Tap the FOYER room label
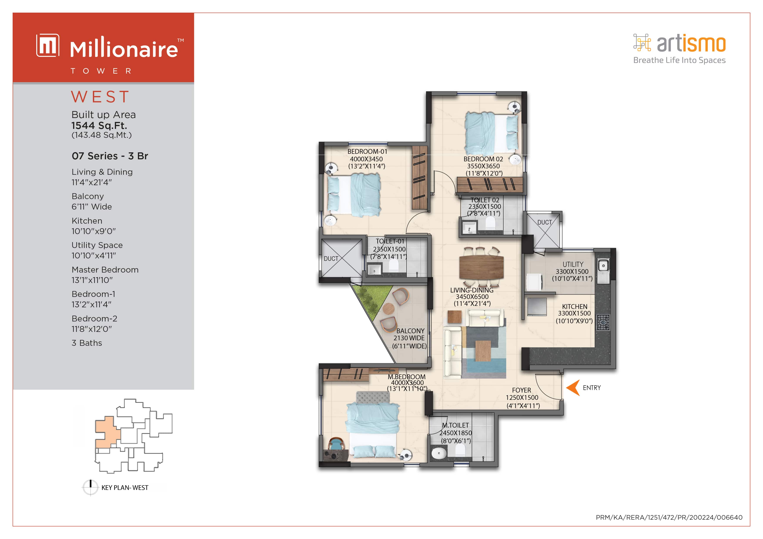(x=521, y=390)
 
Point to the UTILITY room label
(x=573, y=264)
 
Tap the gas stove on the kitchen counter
(x=603, y=322)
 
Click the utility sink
(x=603, y=265)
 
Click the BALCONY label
(x=410, y=331)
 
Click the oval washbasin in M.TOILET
(x=439, y=453)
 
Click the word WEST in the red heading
(x=100, y=97)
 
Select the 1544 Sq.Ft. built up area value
(x=99, y=126)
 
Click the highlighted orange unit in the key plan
(x=106, y=432)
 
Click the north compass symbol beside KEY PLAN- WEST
(x=90, y=487)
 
